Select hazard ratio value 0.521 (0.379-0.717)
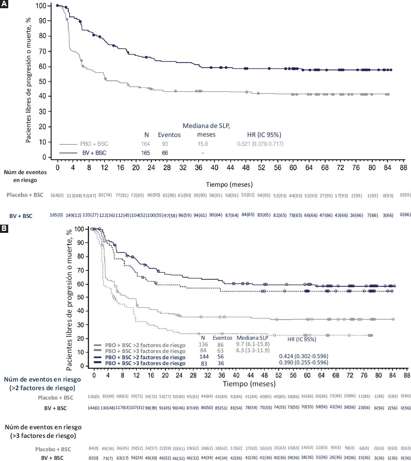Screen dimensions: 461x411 click(260, 144)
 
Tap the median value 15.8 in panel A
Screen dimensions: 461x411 click(202, 144)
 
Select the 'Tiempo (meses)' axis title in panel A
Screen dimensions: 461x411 click(229, 184)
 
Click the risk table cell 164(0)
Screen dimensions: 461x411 click(57, 196)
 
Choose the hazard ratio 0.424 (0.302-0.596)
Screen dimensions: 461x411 click(303, 357)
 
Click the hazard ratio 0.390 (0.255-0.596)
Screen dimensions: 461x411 click(303, 363)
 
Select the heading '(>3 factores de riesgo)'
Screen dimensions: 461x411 click(43, 435)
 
